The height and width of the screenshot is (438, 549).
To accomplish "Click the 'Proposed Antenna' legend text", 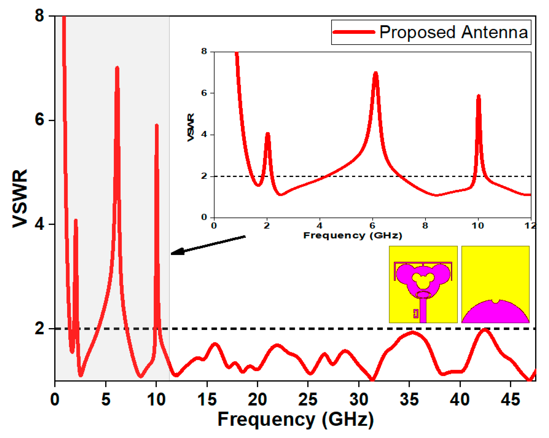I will [453, 32].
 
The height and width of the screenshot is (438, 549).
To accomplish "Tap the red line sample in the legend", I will [354, 32].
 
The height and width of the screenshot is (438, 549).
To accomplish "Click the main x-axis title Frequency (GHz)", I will [295, 419].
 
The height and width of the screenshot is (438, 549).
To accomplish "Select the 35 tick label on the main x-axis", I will [409, 400].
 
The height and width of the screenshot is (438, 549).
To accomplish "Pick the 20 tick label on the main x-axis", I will [257, 400].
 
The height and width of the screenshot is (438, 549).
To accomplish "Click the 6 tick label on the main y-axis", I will [39, 120].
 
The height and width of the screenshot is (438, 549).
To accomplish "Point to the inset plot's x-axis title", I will [352, 235].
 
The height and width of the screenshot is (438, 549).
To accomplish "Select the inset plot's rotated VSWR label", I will [191, 127].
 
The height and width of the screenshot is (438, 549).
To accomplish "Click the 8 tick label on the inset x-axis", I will [425, 226].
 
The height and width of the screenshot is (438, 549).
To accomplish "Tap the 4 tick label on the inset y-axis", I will [204, 134].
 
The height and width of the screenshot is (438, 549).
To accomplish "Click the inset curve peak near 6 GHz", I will [375, 73].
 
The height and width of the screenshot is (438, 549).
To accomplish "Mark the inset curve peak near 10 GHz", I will [478, 96].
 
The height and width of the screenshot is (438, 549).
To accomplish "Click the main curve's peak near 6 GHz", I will [117, 68].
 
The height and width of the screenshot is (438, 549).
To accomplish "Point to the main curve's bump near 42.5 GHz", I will [485, 330].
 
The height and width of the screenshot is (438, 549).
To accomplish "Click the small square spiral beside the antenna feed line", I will [416, 313].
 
